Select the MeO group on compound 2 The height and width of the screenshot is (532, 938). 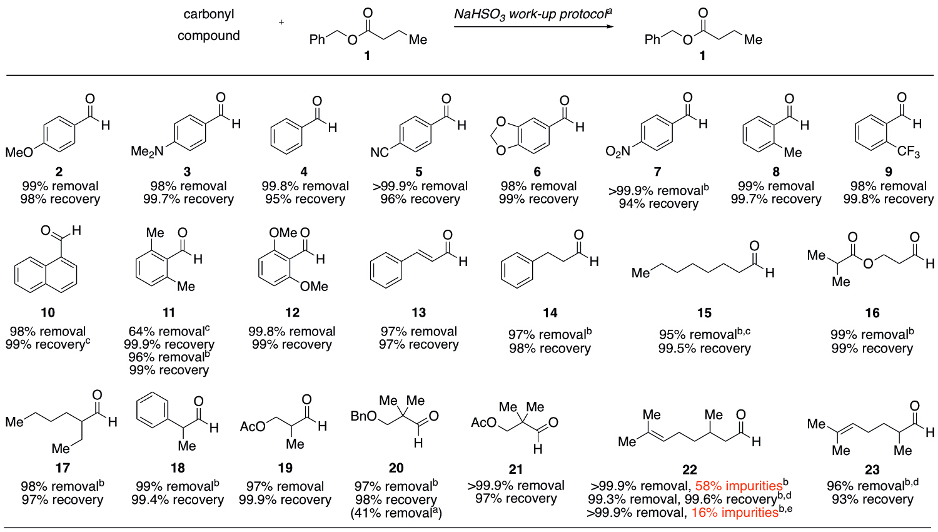(x=19, y=152)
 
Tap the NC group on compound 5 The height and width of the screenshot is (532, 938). (x=380, y=152)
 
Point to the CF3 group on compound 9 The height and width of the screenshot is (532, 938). (x=908, y=152)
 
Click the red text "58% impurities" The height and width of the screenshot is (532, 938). (x=739, y=486)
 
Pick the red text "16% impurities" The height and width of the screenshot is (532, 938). (x=735, y=513)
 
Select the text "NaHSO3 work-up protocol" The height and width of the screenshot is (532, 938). (x=531, y=14)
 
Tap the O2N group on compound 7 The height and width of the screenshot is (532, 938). (x=618, y=152)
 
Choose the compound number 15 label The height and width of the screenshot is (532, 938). (x=704, y=313)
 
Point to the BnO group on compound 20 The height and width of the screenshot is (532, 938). (x=363, y=416)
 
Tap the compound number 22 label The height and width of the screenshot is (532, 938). (x=689, y=469)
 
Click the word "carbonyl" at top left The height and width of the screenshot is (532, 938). (x=209, y=14)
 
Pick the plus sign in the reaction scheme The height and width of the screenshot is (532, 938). (x=281, y=23)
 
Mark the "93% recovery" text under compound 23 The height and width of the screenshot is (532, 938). (x=872, y=499)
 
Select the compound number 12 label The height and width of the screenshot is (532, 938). (x=292, y=313)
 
